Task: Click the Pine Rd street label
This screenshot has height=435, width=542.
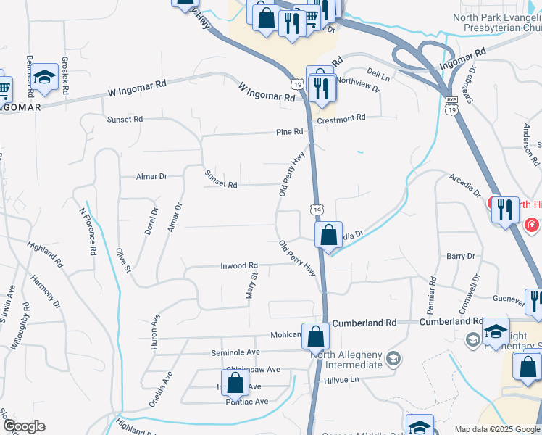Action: [288, 132]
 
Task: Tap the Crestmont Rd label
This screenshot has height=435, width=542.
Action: [341, 117]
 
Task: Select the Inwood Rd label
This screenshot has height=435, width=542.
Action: [239, 266]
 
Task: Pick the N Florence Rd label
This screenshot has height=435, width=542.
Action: [87, 231]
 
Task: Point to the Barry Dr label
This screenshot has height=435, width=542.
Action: [460, 256]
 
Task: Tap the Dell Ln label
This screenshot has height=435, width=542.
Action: [378, 75]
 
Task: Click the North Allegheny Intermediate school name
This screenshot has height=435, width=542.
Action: [346, 359]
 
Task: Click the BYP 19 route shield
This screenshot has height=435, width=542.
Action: [451, 105]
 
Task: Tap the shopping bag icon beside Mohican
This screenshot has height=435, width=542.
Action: [316, 336]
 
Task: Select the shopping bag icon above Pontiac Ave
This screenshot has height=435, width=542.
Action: [235, 382]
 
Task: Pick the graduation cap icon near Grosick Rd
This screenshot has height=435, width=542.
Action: [45, 77]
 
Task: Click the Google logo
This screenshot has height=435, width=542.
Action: [23, 426]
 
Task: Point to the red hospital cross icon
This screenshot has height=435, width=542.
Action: [533, 225]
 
